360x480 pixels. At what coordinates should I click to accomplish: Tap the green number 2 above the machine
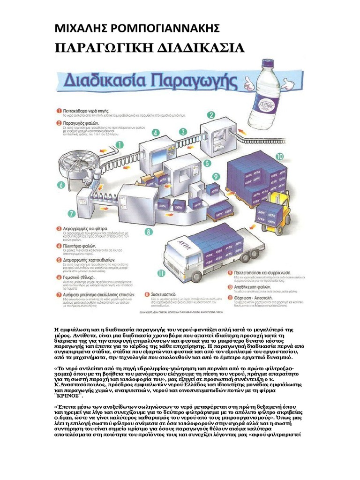pyautogui.click(x=211, y=115)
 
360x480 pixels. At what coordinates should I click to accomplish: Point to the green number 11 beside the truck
pyautogui.click(x=161, y=273)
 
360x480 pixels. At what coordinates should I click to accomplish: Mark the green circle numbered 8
pyautogui.click(x=149, y=231)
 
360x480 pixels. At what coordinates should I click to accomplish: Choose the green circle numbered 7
pyautogui.click(x=71, y=213)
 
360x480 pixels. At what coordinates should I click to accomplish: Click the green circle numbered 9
pyautogui.click(x=216, y=177)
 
